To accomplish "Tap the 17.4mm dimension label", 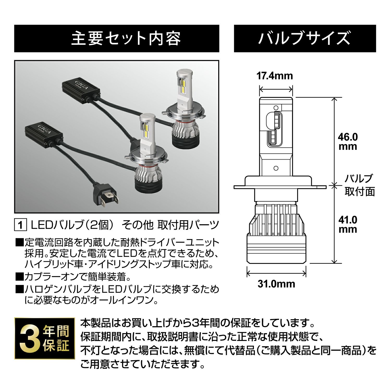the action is (x=275, y=76).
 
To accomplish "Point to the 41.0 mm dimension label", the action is (x=348, y=224).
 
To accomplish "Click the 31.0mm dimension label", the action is (x=276, y=283).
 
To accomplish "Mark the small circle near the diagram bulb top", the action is (x=276, y=107).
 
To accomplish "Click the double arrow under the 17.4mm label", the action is (x=276, y=89).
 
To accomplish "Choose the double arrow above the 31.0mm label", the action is (x=276, y=274).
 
